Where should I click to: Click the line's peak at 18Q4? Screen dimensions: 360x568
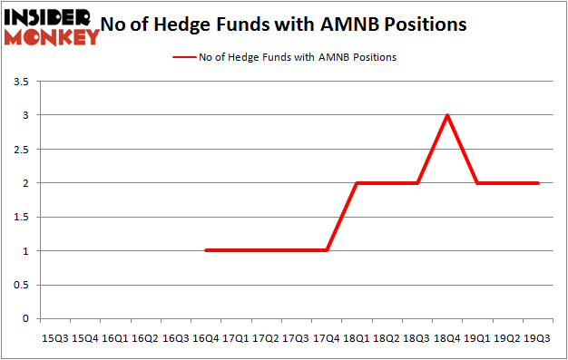[x=447, y=115]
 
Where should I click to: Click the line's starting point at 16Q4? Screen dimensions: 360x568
[x=206, y=250]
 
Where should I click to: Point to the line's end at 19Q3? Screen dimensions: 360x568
[x=538, y=183]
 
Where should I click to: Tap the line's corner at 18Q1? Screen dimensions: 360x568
[x=357, y=183]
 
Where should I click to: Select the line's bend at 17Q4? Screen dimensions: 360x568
[x=327, y=250]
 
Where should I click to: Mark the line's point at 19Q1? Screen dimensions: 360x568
[x=478, y=183]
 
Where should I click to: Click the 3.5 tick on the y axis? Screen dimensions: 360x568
[x=21, y=83]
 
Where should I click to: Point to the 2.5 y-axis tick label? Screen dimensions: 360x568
[x=21, y=150]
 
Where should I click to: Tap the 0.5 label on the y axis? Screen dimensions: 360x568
[x=21, y=285]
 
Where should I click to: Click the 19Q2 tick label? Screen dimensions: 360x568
[x=508, y=338]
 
